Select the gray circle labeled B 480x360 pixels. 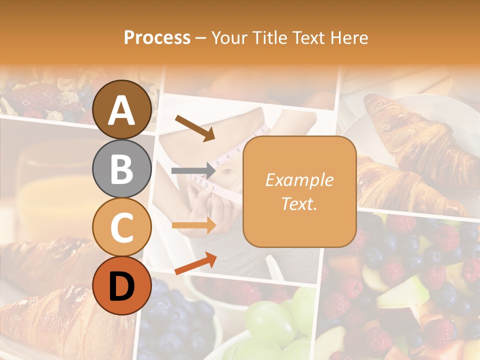tap(122, 168)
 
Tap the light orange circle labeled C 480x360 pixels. tap(122, 227)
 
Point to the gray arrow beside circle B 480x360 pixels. tap(193, 170)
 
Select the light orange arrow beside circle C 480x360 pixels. tap(194, 225)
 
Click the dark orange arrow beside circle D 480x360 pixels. tap(195, 263)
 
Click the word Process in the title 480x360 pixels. tap(157, 38)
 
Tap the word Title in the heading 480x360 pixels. tap(272, 38)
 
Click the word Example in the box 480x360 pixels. tap(299, 180)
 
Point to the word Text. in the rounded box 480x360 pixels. tap(299, 203)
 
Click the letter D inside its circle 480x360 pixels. tap(122, 286)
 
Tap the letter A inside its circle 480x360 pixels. tap(122, 110)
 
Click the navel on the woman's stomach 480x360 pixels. tap(227, 173)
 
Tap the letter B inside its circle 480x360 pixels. tap(122, 168)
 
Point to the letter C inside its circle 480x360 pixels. tap(122, 227)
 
